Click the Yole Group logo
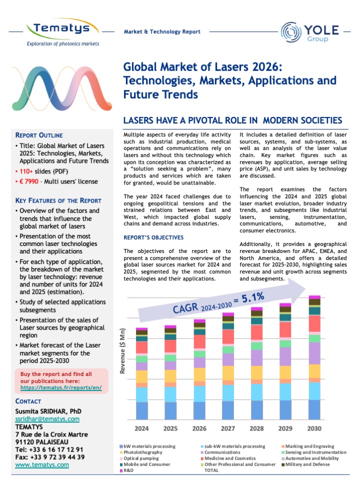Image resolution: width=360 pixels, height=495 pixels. click(310, 31)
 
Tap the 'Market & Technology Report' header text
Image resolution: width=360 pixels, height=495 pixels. click(162, 32)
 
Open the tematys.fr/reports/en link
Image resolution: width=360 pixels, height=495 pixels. click(64, 387)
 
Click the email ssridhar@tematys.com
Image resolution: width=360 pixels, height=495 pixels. click(47, 418)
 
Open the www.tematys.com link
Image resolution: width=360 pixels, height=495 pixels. click(42, 465)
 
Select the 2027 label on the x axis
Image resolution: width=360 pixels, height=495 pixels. click(228, 428)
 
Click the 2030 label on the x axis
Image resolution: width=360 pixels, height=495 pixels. click(314, 428)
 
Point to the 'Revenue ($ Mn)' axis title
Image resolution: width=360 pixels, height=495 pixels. click(122, 351)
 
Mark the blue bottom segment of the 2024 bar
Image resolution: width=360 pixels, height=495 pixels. click(142, 410)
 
